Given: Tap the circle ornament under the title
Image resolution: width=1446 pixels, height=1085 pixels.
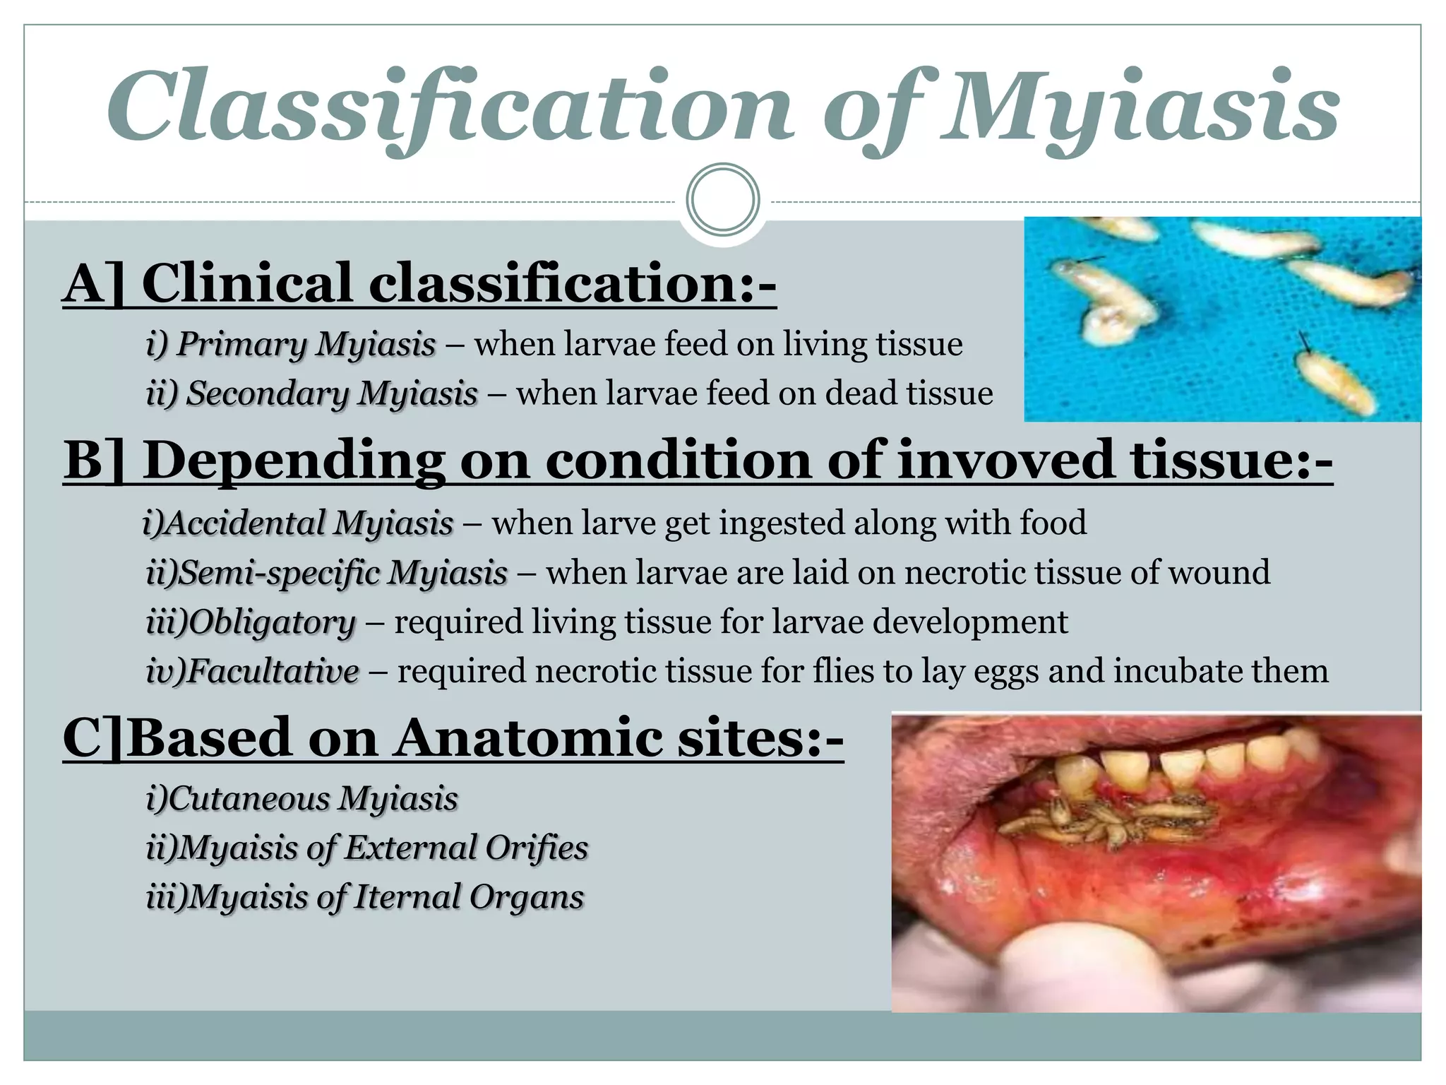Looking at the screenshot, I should coord(722,199).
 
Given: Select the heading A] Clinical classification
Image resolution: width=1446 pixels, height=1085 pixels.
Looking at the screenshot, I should coord(419,283).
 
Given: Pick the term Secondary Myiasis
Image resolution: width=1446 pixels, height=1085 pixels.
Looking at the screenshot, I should coord(311,394).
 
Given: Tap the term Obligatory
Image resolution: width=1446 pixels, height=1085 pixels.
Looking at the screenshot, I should coord(251,622).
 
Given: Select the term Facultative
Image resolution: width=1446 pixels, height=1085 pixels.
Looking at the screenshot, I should coord(252,671).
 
